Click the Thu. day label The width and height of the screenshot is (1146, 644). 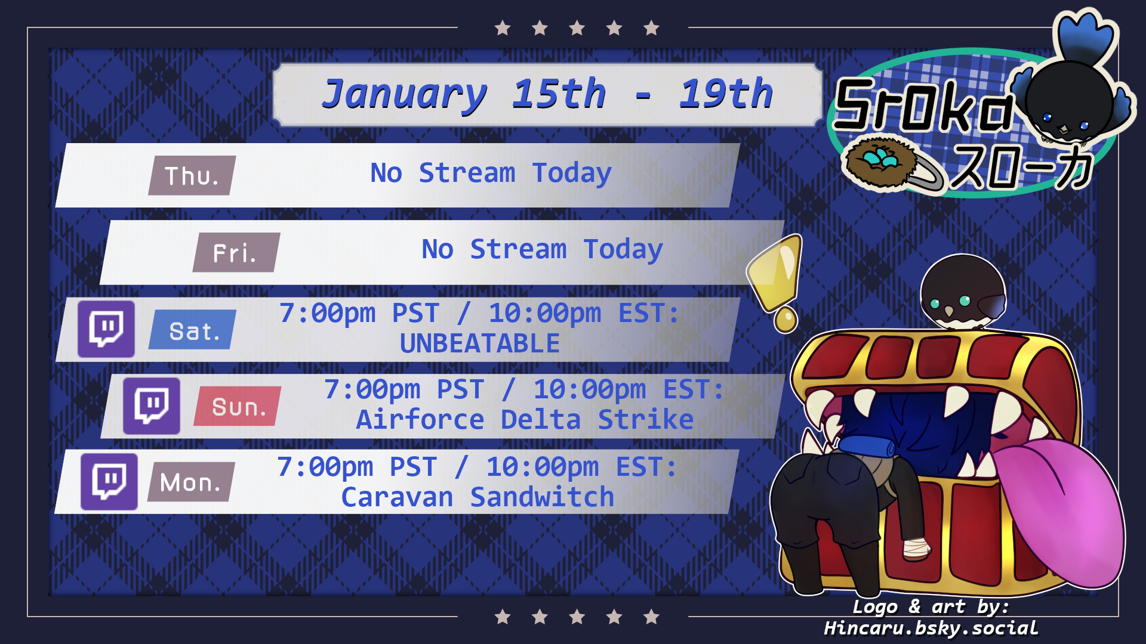(x=192, y=175)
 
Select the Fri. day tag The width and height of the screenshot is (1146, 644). (x=236, y=252)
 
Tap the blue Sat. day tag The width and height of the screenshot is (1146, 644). (x=193, y=330)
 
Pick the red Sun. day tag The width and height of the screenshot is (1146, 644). (x=238, y=406)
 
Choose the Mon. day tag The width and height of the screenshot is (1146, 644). (x=191, y=482)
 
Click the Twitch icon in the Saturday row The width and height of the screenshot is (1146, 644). (x=106, y=329)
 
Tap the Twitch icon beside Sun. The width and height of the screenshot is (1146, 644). (x=152, y=405)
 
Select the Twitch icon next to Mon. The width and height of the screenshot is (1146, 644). (x=109, y=482)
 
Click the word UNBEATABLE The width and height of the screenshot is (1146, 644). (x=480, y=343)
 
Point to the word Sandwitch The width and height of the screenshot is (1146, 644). (x=542, y=497)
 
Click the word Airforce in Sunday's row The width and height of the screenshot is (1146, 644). (x=420, y=420)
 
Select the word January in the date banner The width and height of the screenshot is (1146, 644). (x=405, y=95)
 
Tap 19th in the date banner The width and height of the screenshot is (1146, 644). (x=726, y=94)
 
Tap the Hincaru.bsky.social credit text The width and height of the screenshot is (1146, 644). (x=931, y=628)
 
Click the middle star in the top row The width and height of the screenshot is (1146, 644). (x=577, y=28)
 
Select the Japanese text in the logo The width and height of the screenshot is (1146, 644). (x=1021, y=168)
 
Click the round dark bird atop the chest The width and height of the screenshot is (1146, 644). (x=963, y=292)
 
